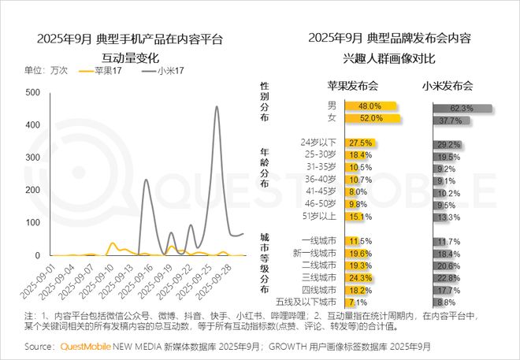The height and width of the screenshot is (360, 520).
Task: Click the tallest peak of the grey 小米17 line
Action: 217,107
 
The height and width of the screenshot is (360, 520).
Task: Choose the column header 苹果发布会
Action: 354,85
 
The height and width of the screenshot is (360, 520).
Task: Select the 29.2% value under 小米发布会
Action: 448,145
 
